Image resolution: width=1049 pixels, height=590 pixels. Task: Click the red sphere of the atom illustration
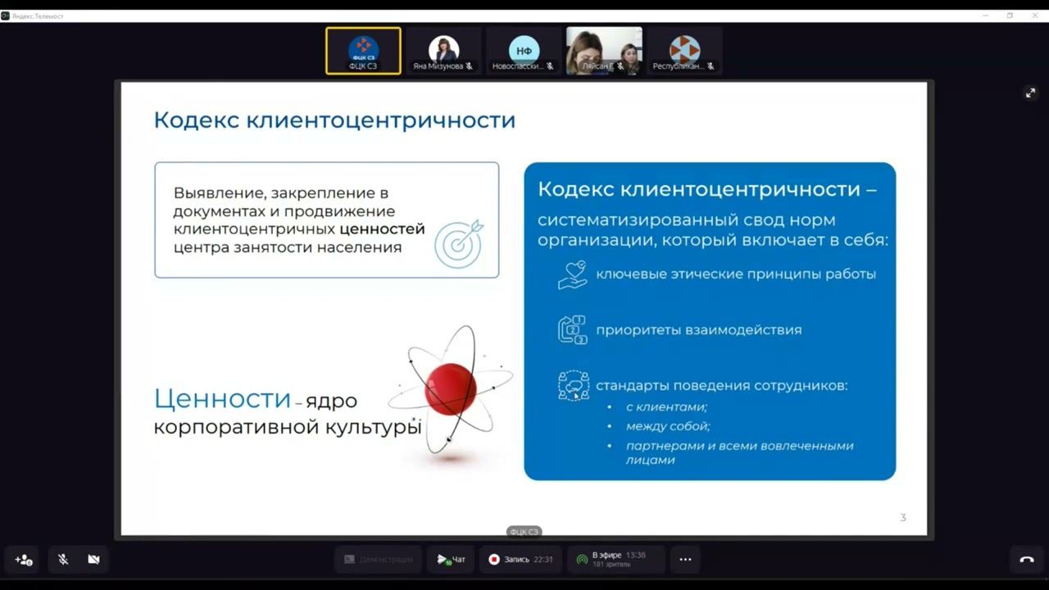(450, 389)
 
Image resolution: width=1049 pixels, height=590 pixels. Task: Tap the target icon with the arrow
(458, 243)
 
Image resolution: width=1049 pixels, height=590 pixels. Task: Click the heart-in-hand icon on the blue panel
(573, 275)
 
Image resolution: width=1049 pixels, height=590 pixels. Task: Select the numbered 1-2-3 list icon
(573, 329)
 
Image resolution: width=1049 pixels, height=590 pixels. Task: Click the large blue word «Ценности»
(222, 399)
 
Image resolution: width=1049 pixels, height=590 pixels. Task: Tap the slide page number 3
(903, 517)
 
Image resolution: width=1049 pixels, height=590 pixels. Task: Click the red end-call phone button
(1026, 560)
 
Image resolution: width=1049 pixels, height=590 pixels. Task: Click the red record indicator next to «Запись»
(494, 560)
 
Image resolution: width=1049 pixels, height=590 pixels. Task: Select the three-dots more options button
(685, 560)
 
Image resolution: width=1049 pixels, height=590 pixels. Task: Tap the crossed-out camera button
(93, 560)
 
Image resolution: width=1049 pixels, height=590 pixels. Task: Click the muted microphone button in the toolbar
(63, 560)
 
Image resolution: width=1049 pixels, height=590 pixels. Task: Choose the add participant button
(24, 560)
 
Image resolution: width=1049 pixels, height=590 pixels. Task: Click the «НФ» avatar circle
(524, 49)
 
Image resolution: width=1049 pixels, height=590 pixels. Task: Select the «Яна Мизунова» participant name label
(438, 66)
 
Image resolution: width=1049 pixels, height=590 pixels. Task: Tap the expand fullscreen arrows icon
(1030, 93)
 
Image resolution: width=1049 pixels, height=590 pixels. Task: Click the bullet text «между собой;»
(668, 426)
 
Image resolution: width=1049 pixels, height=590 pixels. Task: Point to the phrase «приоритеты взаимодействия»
(698, 330)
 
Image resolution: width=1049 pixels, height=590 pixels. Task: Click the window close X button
(1035, 16)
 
